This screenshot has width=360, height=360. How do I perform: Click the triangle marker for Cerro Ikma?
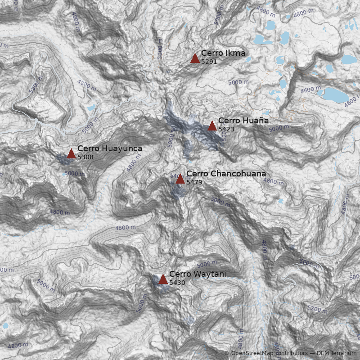point(195,58)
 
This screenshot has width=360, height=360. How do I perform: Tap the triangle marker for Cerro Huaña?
point(212,126)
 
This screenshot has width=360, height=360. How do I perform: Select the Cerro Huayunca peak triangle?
point(71,154)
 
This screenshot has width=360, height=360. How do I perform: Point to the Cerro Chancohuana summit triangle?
point(180,179)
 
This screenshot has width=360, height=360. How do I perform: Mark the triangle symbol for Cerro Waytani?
point(163,279)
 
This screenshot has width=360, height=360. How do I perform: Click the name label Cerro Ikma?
point(223,53)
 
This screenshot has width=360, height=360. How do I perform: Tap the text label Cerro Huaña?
point(243,121)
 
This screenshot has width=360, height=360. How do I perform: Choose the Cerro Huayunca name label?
point(110,148)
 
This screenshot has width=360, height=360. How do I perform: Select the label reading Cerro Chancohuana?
point(226,174)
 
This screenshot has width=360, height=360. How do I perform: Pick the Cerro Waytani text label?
point(198,274)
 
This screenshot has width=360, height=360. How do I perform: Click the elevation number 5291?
point(209,61)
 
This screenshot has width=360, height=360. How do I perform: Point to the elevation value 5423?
point(226,129)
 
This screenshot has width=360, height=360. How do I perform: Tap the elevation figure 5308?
point(85,157)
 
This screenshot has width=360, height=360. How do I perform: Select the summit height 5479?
point(194,182)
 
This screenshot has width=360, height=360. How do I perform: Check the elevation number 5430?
point(177,283)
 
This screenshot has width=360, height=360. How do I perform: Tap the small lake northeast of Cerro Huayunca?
point(91,108)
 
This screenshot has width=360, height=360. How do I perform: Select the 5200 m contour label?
point(318,309)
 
